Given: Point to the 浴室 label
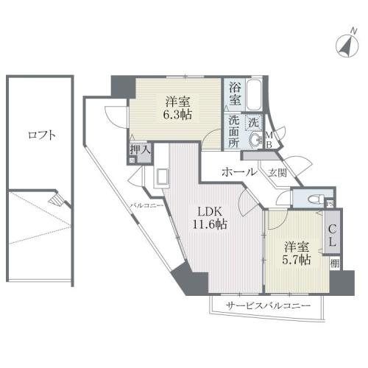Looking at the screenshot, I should tap(234, 92).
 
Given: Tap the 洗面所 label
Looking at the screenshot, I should tap(233, 131).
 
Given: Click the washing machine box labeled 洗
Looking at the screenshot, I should tap(253, 121).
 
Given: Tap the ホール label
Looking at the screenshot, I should tap(238, 172).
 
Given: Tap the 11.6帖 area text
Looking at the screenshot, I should tap(209, 225).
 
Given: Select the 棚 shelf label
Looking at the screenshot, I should tap(335, 263).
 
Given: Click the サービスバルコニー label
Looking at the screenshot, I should tap(268, 305).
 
